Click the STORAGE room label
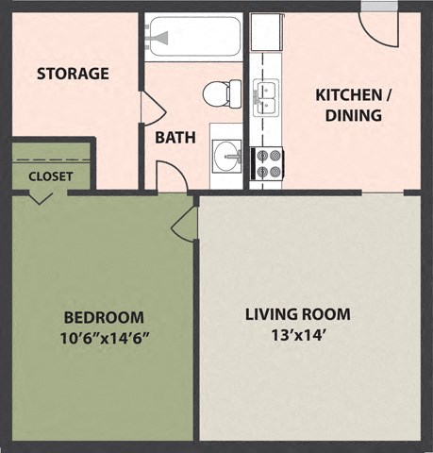click(x=73, y=73)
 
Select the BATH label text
click(x=175, y=137)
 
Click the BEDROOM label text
click(x=104, y=317)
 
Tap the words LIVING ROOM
click(x=297, y=314)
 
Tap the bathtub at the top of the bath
click(x=193, y=38)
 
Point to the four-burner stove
click(x=267, y=163)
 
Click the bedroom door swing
click(x=185, y=225)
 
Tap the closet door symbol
click(x=41, y=196)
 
